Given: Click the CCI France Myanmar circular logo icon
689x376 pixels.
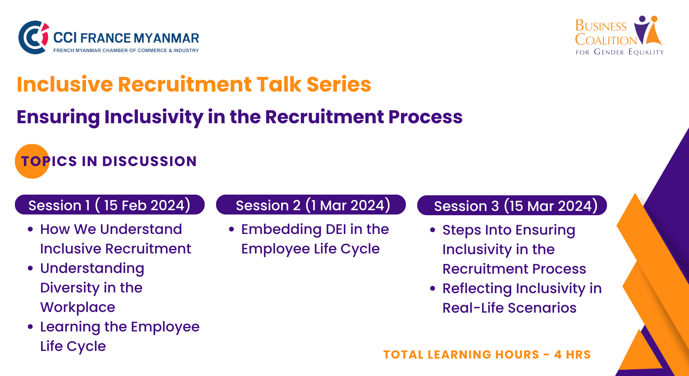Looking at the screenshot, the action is click(34, 37).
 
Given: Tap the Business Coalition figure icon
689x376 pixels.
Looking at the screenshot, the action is click(648, 31).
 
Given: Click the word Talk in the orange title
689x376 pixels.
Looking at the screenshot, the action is click(279, 84).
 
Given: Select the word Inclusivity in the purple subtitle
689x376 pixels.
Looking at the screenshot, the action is click(154, 117).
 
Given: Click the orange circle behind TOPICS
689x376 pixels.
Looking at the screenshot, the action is click(32, 161).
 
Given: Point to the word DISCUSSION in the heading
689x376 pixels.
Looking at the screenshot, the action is click(150, 161).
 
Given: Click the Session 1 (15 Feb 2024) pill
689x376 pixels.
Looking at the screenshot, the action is click(110, 205).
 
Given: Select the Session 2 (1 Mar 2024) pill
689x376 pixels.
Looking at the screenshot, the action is click(311, 205).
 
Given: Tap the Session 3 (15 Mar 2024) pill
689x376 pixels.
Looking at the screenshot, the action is click(512, 205).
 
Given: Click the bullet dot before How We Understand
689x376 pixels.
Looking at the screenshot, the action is click(31, 229).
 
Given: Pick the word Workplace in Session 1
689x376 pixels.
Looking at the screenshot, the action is click(78, 307).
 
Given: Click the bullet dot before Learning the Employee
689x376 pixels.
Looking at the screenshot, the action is click(31, 327).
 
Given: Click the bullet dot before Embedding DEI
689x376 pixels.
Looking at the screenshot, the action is click(232, 229).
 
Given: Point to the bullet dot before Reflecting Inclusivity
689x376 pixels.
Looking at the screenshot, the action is click(433, 289).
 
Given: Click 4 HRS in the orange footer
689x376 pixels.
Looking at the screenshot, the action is click(573, 354).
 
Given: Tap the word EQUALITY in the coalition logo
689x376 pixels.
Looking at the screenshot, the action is click(646, 52).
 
